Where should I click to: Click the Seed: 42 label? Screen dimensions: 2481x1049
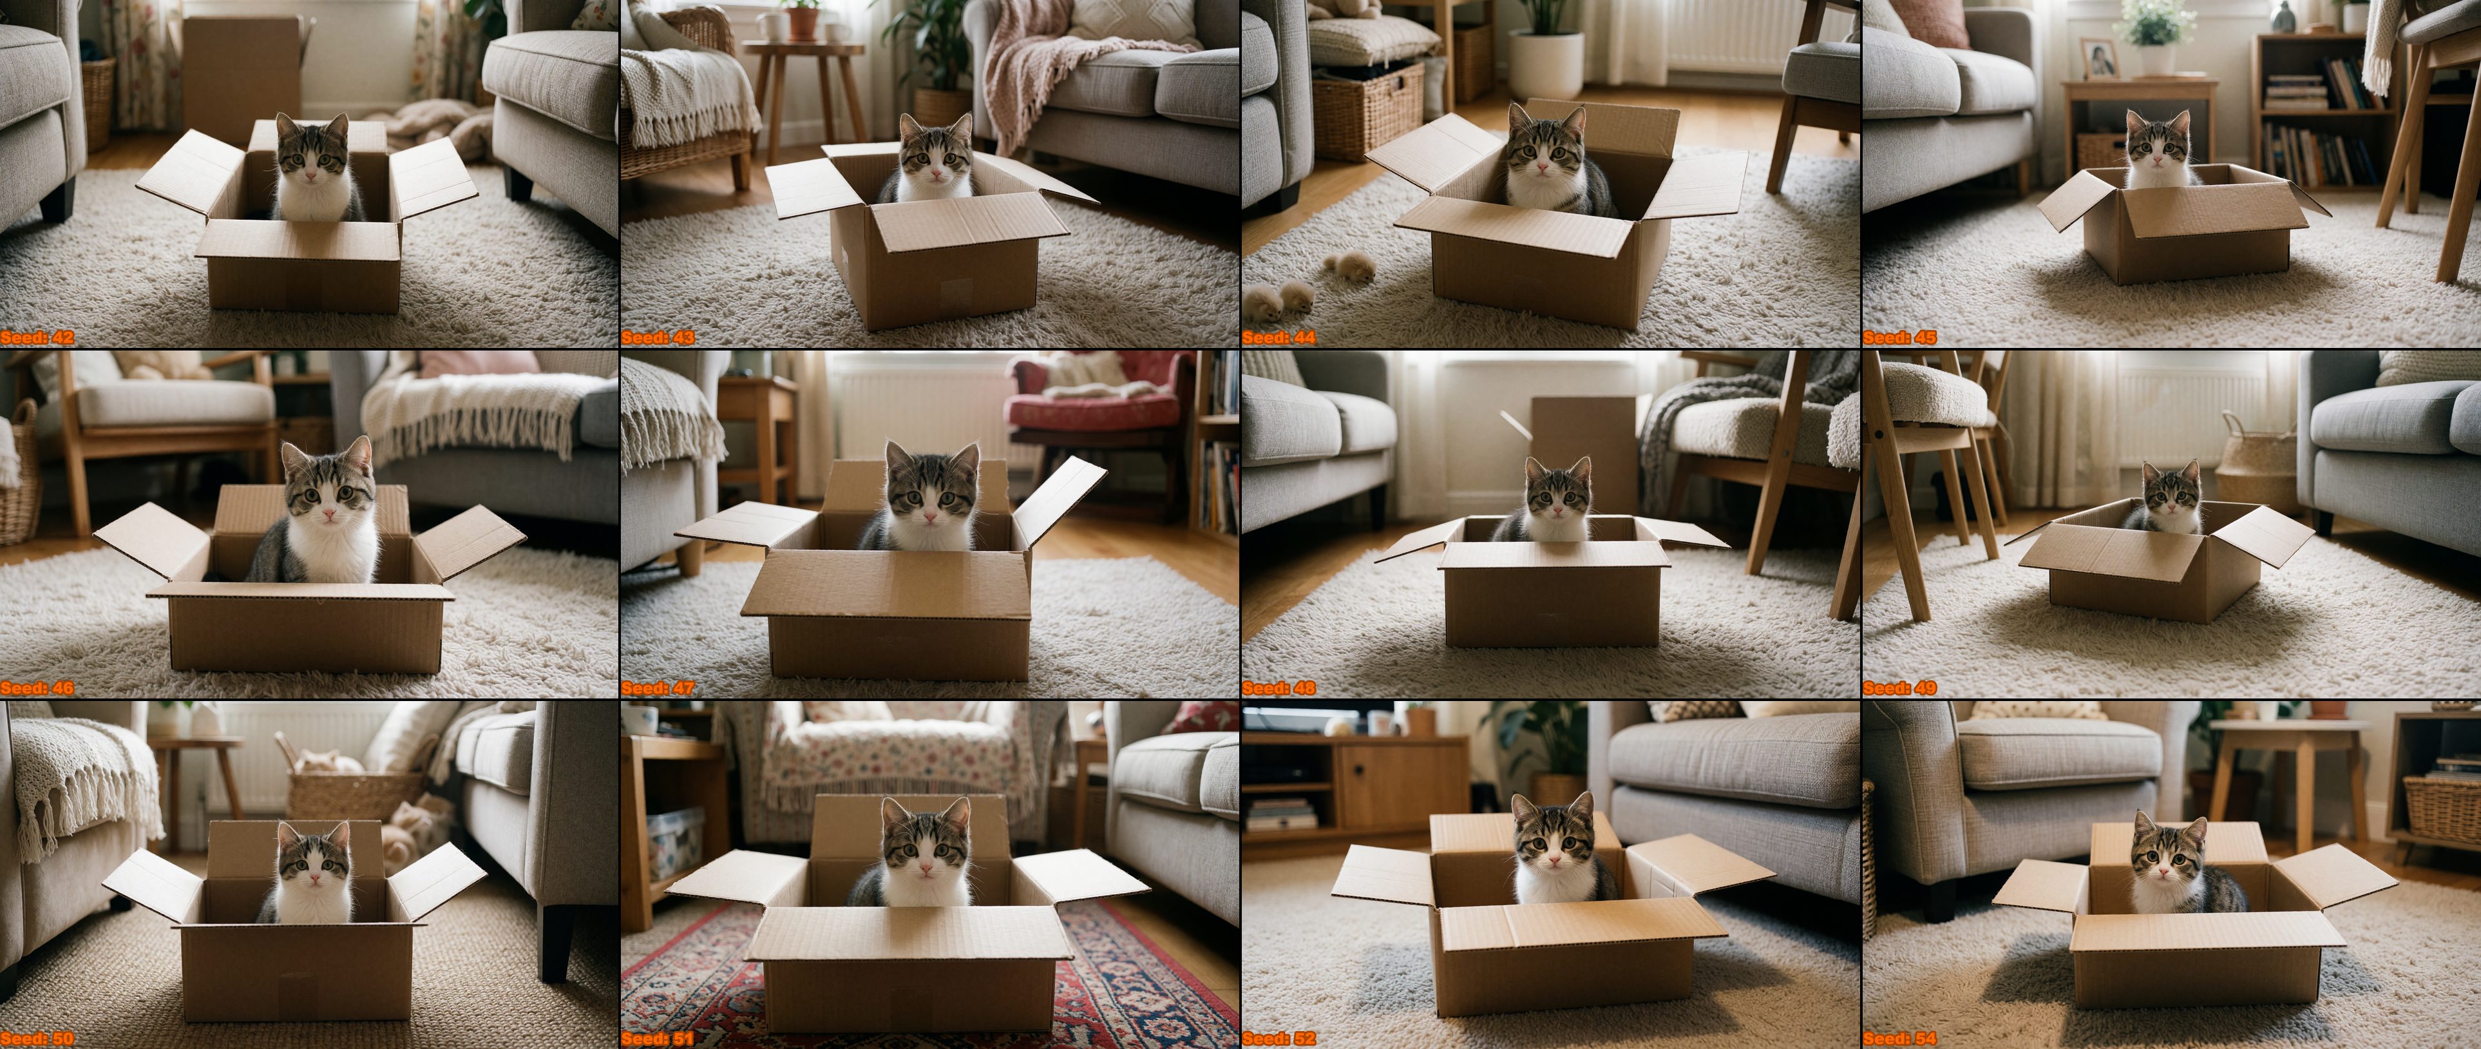tap(37, 337)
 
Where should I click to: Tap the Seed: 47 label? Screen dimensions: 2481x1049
tap(658, 688)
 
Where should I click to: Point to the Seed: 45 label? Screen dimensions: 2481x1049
tap(1899, 337)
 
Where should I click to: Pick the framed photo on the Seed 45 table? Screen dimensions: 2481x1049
tap(2100, 59)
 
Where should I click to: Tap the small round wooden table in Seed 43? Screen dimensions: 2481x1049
tap(803, 91)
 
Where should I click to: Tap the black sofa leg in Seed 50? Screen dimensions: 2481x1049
tap(556, 942)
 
